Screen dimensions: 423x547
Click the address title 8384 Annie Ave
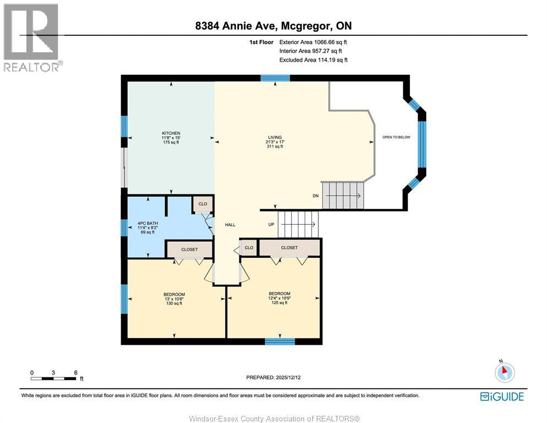[x=274, y=26]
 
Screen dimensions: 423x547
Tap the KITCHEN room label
[x=171, y=134]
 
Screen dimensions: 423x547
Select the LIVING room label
[x=274, y=138]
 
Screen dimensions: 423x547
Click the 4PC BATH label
[x=147, y=223]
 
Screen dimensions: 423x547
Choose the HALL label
[x=230, y=225]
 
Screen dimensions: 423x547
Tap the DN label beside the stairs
[x=315, y=196]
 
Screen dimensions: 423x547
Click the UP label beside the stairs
[x=271, y=225]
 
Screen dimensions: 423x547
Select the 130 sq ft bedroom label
[x=174, y=294]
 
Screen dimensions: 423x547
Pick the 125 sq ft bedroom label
[x=279, y=294]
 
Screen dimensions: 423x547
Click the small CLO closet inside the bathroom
[x=202, y=204]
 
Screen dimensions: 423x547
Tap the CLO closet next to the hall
[x=249, y=248]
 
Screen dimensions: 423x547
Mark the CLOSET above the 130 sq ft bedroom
[x=189, y=250]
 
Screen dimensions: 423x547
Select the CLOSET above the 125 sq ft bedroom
[x=289, y=248]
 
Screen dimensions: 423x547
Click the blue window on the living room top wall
[x=275, y=78]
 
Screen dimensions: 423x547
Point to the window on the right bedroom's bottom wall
[x=276, y=341]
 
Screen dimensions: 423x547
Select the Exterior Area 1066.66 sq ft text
[x=313, y=42]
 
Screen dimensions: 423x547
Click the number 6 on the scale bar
[x=75, y=372]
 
